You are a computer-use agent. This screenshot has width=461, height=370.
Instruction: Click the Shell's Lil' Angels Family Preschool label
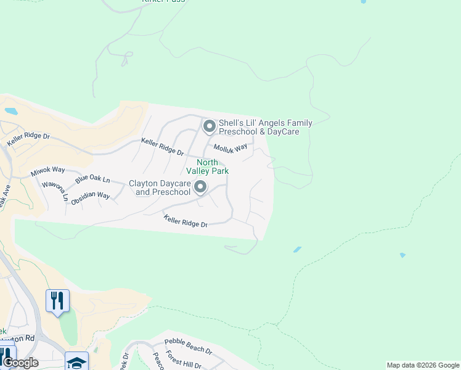click(265, 127)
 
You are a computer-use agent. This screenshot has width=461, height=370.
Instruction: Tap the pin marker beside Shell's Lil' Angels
click(209, 126)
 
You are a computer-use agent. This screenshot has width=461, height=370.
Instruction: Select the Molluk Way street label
click(230, 148)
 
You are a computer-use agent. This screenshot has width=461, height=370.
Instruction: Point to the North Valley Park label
click(213, 166)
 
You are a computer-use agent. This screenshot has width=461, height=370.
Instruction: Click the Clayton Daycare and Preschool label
click(159, 187)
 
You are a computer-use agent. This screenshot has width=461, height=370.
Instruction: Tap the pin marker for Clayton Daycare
click(200, 186)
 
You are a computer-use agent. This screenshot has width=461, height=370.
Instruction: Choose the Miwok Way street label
click(47, 170)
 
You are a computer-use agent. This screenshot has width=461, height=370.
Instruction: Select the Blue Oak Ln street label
click(92, 180)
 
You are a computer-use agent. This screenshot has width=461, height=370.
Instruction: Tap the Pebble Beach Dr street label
click(188, 346)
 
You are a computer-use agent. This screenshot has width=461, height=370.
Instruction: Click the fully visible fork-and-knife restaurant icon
click(57, 300)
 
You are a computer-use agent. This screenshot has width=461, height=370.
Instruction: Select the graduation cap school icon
click(76, 361)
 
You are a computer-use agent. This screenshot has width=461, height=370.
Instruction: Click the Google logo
click(20, 363)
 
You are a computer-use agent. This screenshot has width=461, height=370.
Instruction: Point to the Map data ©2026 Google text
click(423, 365)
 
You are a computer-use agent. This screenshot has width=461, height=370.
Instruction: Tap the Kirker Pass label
click(163, 2)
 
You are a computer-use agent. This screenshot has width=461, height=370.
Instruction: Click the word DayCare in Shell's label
click(284, 132)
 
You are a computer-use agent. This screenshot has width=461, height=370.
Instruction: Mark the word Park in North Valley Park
click(221, 171)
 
